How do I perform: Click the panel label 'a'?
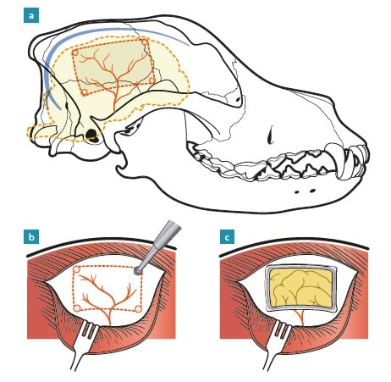(31, 15)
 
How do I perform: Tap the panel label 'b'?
(31, 236)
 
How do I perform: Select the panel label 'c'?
(227, 236)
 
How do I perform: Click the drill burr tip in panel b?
(138, 270)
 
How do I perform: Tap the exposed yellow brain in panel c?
(301, 287)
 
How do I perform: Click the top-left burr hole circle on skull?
(75, 53)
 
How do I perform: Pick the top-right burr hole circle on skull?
(145, 42)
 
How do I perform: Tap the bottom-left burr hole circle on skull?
(84, 92)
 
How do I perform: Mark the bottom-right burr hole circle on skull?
(151, 80)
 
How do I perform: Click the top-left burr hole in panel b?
(77, 269)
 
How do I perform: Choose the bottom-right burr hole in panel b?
(138, 309)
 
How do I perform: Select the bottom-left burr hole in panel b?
(77, 307)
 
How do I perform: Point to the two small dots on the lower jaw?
(304, 191)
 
